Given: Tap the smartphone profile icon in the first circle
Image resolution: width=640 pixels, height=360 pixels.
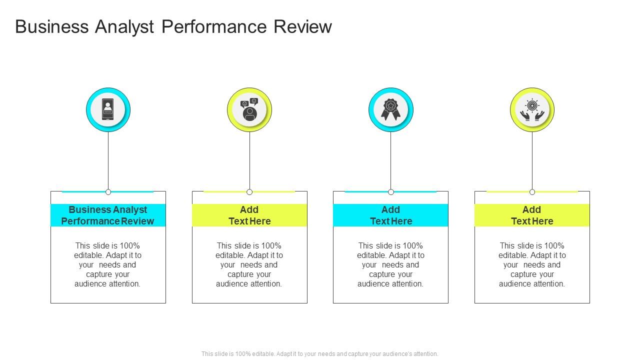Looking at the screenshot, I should (x=108, y=109).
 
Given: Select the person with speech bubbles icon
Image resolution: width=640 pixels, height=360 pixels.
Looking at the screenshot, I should (x=249, y=110).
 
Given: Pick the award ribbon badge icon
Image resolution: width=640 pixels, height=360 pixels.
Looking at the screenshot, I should (x=390, y=109).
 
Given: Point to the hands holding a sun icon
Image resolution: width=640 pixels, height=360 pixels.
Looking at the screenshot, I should (x=532, y=110).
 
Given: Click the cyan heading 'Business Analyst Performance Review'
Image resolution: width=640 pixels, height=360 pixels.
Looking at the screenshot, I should (x=108, y=215).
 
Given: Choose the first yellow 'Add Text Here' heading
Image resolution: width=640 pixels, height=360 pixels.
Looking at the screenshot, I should (x=249, y=215).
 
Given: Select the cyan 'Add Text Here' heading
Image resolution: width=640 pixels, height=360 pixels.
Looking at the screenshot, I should (x=390, y=215).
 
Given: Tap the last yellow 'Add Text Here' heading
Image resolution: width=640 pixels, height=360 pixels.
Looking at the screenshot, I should (x=532, y=215).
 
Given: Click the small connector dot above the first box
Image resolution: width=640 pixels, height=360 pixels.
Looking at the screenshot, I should (x=108, y=192).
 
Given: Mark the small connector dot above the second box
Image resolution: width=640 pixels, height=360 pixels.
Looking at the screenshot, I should (x=249, y=192).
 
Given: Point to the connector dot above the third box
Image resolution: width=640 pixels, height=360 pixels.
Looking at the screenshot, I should (x=391, y=192).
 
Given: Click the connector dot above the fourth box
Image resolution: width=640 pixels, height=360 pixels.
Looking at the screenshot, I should (x=532, y=192).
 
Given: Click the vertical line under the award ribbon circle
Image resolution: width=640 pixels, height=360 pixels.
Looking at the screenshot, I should (x=390, y=160).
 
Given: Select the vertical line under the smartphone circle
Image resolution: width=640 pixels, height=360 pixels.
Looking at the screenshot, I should (x=108, y=160).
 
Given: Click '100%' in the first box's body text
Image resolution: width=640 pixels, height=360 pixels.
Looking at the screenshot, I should (x=130, y=245).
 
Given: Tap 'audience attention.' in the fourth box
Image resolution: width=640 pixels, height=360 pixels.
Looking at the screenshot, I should (x=532, y=283).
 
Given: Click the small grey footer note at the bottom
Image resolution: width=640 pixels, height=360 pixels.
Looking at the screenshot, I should (x=320, y=354).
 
